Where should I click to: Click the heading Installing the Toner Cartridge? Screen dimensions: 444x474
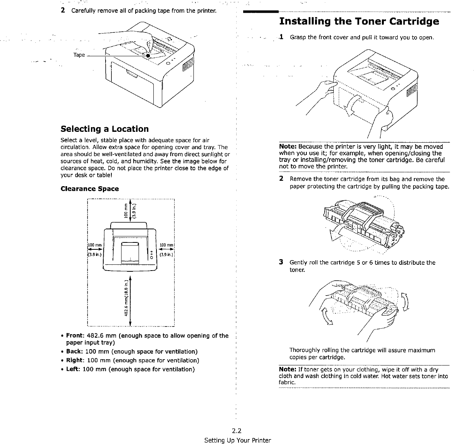coord(359,21)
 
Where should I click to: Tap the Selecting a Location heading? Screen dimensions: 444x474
coord(104,129)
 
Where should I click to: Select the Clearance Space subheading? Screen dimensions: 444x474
coord(90,189)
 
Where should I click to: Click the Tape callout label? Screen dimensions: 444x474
coord(79,55)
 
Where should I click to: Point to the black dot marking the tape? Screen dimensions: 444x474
coord(148,55)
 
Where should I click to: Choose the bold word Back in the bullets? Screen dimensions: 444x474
coord(74,351)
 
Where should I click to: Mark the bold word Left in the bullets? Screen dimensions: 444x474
coord(73,369)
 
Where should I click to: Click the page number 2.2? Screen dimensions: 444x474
coord(237,431)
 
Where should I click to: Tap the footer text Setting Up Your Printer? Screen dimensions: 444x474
coord(237,440)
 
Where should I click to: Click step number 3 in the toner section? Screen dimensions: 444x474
coord(281,262)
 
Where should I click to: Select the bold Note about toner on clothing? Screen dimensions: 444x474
coord(287,370)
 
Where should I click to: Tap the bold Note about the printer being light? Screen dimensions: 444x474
coord(287,147)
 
